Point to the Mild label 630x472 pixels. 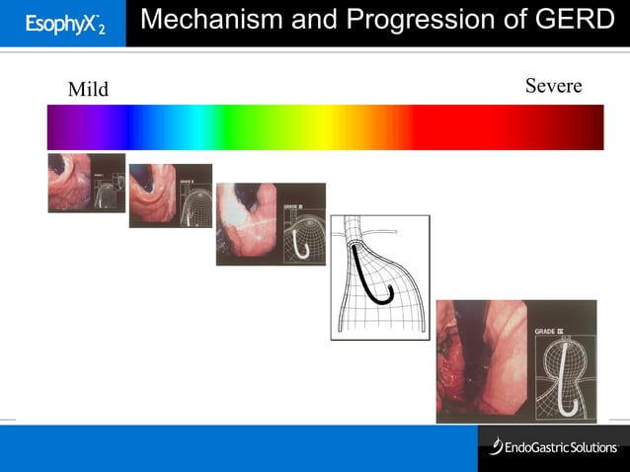click(x=88, y=90)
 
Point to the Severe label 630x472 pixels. click(x=553, y=86)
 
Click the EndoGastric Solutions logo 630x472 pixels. click(x=553, y=447)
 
